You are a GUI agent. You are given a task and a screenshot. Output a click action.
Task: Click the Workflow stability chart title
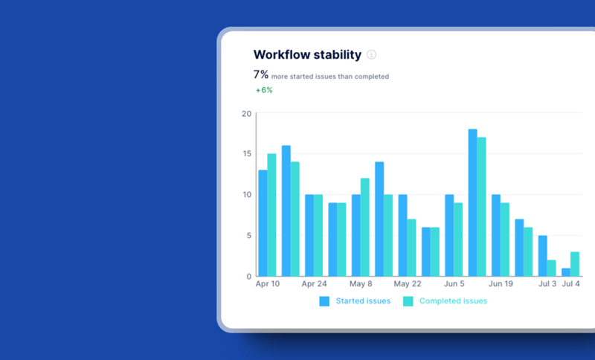(x=307, y=54)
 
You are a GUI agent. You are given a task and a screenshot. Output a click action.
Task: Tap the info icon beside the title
(x=372, y=54)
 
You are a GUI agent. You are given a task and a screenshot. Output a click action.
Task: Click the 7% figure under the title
(x=261, y=74)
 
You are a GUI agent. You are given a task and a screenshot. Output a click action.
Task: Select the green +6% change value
(x=264, y=90)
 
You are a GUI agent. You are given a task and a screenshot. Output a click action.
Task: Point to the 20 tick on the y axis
(x=247, y=113)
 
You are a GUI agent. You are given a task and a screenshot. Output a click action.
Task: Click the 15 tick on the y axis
(x=247, y=154)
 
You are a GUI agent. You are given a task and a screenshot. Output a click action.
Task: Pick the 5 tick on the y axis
(x=249, y=236)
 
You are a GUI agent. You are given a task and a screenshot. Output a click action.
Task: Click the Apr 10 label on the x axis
(x=267, y=284)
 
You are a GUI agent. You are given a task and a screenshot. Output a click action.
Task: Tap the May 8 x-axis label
(x=361, y=284)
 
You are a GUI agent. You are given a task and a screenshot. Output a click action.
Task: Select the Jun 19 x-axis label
(x=501, y=284)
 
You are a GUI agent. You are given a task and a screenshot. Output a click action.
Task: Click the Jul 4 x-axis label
(x=571, y=284)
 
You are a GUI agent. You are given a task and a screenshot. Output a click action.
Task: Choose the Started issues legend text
(x=363, y=301)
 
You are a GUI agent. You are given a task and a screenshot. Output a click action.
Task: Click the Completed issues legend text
(x=453, y=301)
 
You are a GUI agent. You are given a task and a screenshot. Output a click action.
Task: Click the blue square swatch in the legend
(x=324, y=301)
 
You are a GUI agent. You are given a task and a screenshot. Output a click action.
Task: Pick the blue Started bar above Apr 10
(x=263, y=223)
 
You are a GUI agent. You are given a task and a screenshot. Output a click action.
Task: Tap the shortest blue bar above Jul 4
(x=566, y=272)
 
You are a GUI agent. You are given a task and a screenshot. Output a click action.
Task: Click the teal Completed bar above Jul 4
(x=575, y=264)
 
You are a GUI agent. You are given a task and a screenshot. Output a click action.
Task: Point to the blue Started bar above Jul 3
(x=543, y=256)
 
